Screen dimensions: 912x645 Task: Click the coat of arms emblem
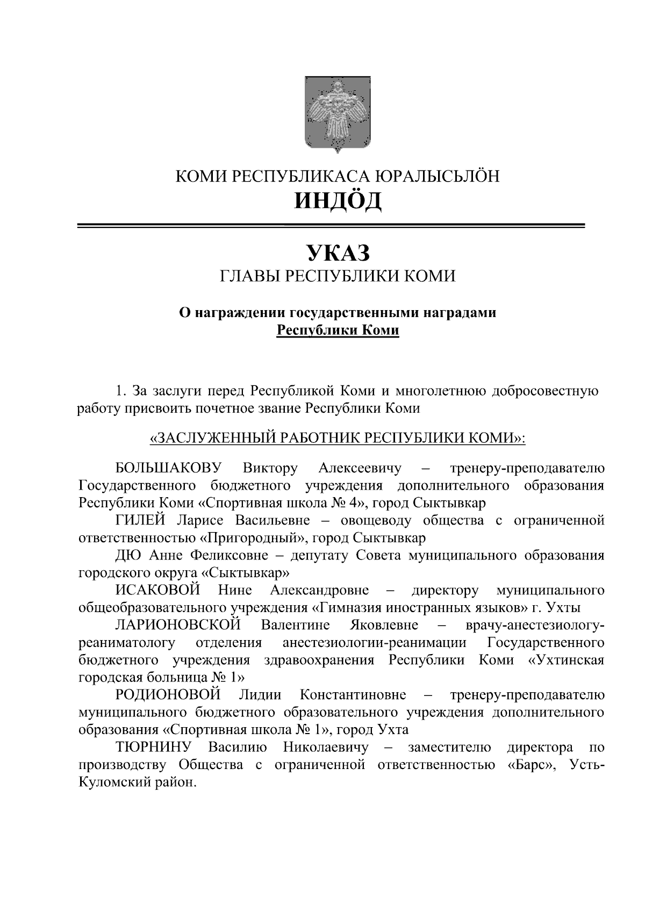click(338, 114)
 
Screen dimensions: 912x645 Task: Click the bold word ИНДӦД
click(338, 200)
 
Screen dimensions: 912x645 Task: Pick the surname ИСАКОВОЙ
click(157, 590)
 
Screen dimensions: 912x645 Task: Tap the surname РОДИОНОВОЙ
click(168, 695)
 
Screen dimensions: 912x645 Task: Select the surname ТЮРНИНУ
click(154, 747)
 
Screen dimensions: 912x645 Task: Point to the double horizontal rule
click(331, 226)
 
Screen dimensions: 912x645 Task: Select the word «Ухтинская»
click(567, 660)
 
